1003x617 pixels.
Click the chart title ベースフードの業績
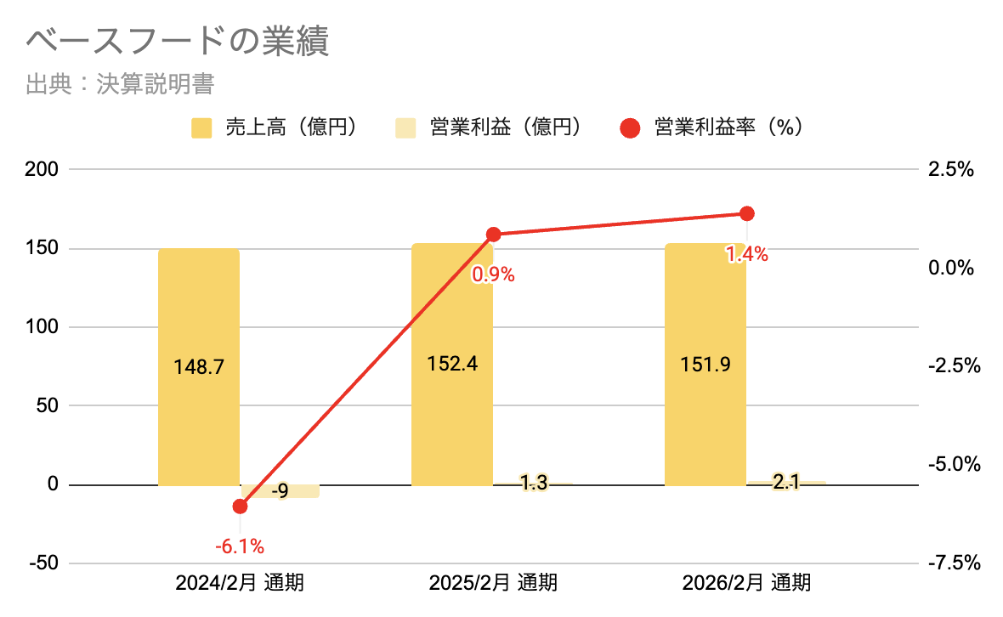click(x=178, y=42)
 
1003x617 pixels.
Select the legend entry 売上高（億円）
click(x=273, y=127)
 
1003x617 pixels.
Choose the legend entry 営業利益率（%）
click(x=713, y=127)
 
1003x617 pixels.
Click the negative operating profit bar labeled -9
click(x=280, y=491)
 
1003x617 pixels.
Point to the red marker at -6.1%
click(x=240, y=507)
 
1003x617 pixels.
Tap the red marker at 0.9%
click(x=493, y=234)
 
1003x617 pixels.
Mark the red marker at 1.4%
click(x=746, y=213)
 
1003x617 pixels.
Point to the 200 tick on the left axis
click(x=41, y=170)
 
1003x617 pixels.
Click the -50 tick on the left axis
click(x=39, y=563)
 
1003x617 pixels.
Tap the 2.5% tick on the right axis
click(x=950, y=170)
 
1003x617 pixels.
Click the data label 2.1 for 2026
click(x=786, y=483)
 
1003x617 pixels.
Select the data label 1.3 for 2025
click(x=533, y=484)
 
